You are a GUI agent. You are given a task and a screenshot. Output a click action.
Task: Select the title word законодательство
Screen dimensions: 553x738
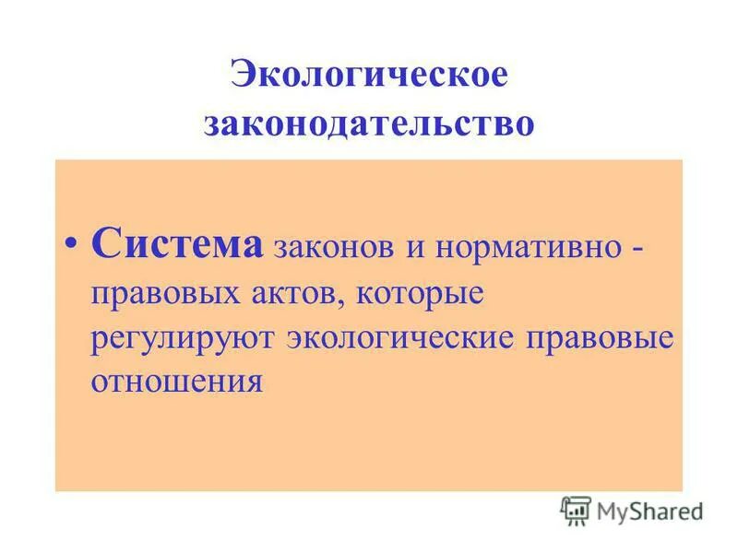point(369,123)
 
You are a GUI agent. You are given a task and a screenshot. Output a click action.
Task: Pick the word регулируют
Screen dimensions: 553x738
point(182,338)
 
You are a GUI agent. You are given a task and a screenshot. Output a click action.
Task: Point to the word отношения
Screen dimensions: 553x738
point(176,380)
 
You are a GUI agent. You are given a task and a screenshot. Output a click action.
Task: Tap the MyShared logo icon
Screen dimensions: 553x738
point(576,510)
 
